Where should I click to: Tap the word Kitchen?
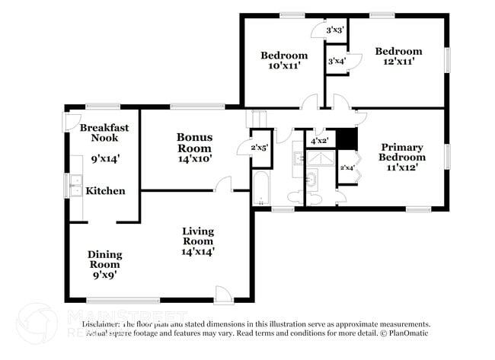coord(105,190)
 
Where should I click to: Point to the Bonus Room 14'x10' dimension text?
coord(194,159)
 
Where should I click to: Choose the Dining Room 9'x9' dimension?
coord(104,276)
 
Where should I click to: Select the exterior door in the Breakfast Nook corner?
coord(70,119)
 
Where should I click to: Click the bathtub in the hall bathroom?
coord(260,188)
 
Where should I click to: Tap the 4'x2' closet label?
coord(320,141)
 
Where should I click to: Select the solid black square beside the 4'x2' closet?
coord(346,139)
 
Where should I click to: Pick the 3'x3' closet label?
coord(335,30)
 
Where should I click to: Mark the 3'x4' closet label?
coord(336,61)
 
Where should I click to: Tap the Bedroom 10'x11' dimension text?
coord(284,66)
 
